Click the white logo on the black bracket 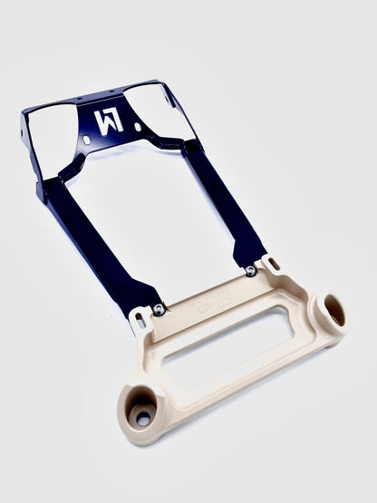[x=107, y=120]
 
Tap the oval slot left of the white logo [x=87, y=140]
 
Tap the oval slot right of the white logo [x=138, y=128]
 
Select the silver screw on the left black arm [x=159, y=310]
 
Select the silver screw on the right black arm [x=250, y=271]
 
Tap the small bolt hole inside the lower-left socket [x=141, y=419]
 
